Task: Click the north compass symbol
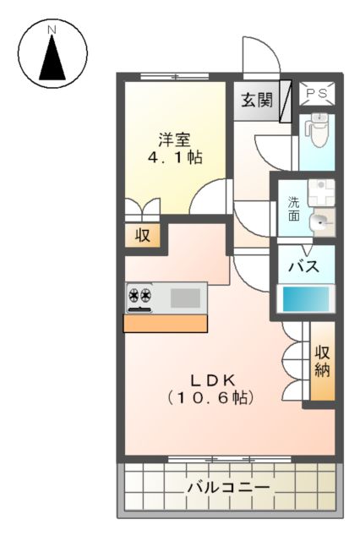click(52, 54)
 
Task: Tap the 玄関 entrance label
click(257, 101)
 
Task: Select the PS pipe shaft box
click(319, 94)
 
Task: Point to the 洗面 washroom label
click(293, 209)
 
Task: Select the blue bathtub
click(306, 299)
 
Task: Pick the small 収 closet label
click(143, 235)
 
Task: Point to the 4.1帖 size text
click(177, 157)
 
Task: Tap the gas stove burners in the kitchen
click(139, 297)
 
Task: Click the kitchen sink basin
click(186, 298)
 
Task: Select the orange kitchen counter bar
click(166, 323)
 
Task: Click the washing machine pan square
click(321, 192)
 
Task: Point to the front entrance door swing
click(259, 59)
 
